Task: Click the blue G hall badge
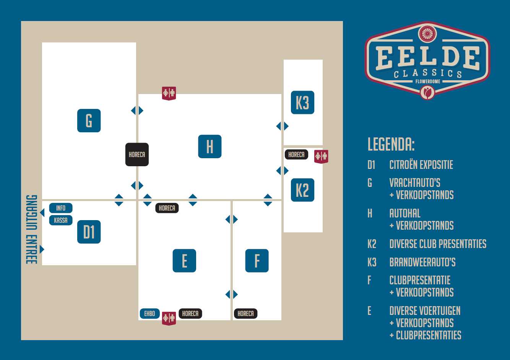[89, 121]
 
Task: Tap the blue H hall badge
[210, 146]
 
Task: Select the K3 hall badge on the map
[302, 102]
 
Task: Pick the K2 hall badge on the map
[302, 190]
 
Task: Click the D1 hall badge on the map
[89, 232]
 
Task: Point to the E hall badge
[184, 261]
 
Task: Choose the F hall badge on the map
[257, 261]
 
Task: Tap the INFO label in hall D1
[61, 208]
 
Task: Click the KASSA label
[61, 220]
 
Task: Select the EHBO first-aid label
[149, 313]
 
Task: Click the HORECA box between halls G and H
[137, 154]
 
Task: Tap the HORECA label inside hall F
[245, 313]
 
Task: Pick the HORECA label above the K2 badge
[296, 154]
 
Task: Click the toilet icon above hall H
[169, 93]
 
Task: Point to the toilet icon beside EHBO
[169, 318]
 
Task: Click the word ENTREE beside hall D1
[32, 250]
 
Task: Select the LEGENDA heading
[391, 144]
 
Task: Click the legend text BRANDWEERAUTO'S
[422, 262]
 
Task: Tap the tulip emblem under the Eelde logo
[427, 92]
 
